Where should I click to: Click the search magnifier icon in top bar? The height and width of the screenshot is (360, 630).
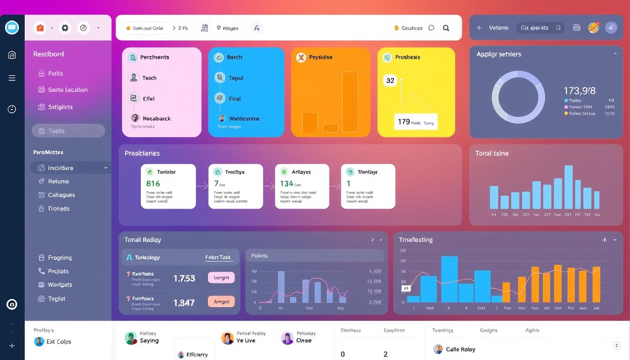pyautogui.click(x=446, y=28)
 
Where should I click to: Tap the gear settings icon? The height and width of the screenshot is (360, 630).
pyautogui.click(x=65, y=28)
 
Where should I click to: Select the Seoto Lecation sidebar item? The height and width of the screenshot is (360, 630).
pyautogui.click(x=67, y=90)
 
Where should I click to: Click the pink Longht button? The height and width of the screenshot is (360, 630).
pyautogui.click(x=221, y=277)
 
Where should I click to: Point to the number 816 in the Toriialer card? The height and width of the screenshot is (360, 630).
pyautogui.click(x=153, y=184)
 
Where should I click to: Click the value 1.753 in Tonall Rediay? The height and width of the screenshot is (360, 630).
pyautogui.click(x=184, y=278)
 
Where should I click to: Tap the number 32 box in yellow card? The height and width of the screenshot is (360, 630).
pyautogui.click(x=390, y=81)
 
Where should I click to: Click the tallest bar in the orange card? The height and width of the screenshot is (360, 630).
pyautogui.click(x=350, y=102)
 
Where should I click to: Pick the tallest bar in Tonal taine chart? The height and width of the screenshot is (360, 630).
pyautogui.click(x=568, y=187)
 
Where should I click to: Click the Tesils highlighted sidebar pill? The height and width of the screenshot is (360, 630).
pyautogui.click(x=68, y=131)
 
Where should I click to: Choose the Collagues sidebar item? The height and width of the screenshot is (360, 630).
pyautogui.click(x=61, y=195)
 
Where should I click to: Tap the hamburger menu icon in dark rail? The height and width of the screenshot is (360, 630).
pyautogui.click(x=12, y=78)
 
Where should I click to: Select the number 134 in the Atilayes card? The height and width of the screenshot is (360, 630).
pyautogui.click(x=286, y=184)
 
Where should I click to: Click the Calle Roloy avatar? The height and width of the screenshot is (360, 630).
pyautogui.click(x=438, y=349)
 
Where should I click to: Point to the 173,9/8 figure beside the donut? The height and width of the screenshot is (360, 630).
pyautogui.click(x=579, y=91)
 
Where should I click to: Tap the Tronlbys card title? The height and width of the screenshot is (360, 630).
pyautogui.click(x=235, y=172)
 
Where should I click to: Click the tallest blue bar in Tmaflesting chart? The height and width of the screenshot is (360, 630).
pyautogui.click(x=449, y=279)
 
